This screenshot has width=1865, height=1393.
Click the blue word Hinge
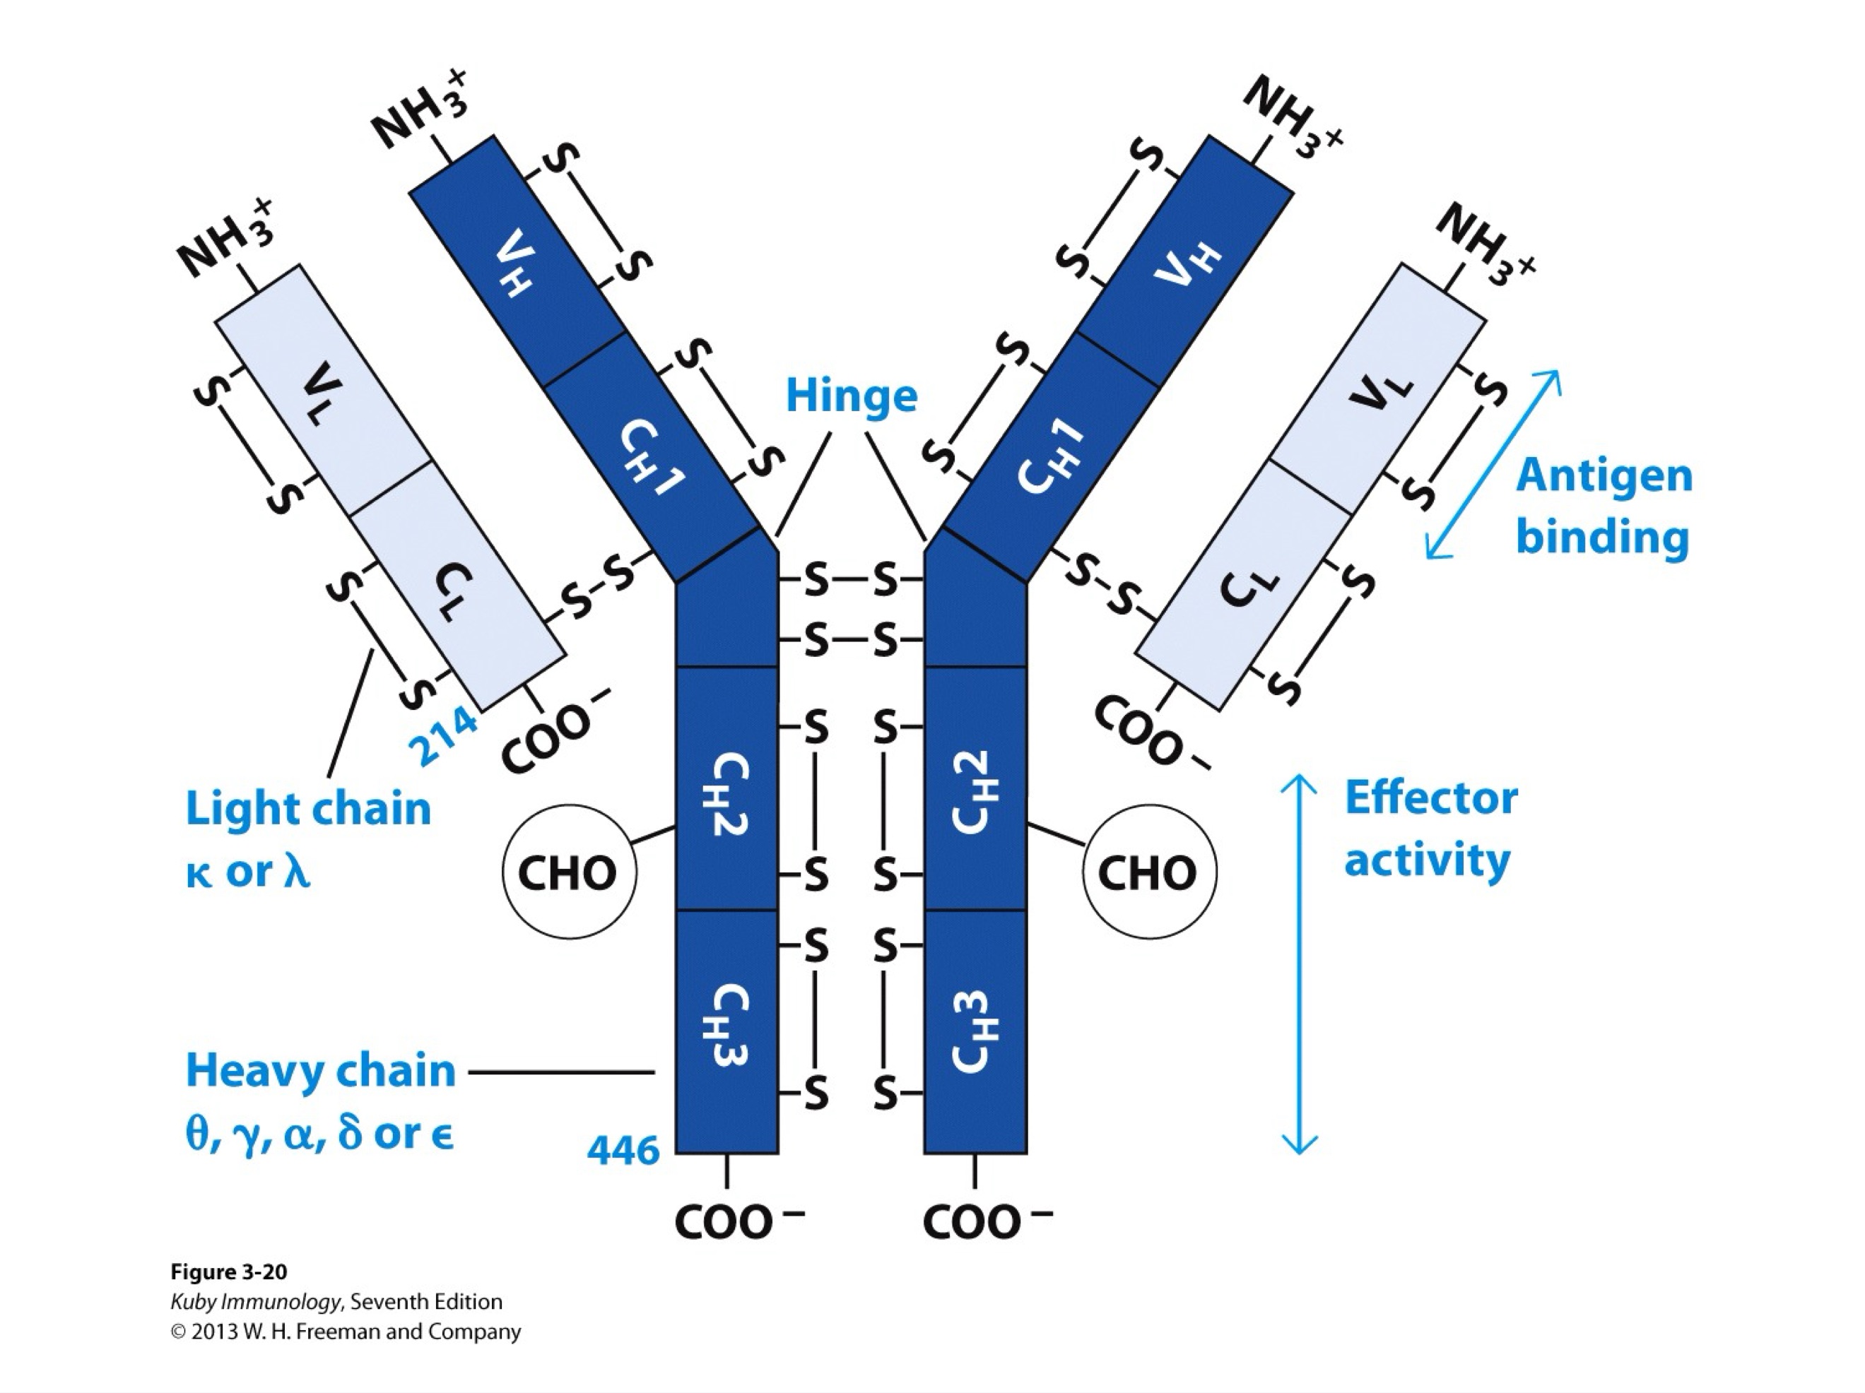851,396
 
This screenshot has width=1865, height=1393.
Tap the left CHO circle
568,872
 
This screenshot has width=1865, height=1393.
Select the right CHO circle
1148,872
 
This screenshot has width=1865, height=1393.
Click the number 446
623,1150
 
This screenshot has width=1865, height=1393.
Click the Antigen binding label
1604,506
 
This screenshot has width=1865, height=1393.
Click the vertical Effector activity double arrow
1298,965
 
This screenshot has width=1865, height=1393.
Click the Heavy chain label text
320,1071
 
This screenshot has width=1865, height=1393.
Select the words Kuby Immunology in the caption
254,1301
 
